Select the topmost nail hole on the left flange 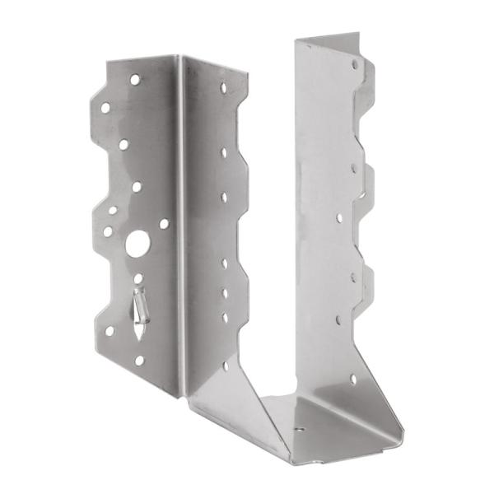click(x=134, y=80)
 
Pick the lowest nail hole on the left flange click(x=139, y=360)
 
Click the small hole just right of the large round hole click(x=164, y=223)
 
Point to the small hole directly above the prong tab click(x=137, y=278)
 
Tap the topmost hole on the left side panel click(x=223, y=86)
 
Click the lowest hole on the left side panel click(x=225, y=365)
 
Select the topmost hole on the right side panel click(x=355, y=63)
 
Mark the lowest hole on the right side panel click(x=353, y=380)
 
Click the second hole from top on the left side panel click(x=223, y=152)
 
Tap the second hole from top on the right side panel click(x=354, y=168)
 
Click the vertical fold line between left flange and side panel click(x=180, y=222)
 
